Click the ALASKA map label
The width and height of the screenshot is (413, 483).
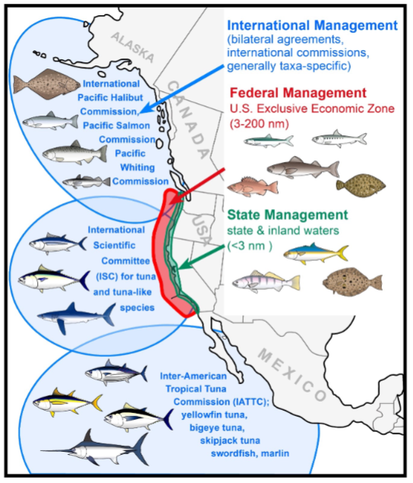coord(133,47)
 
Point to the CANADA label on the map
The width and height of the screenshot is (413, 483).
coord(189,119)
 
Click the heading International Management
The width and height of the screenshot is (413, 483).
coord(313,26)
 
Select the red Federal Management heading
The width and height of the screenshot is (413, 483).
coord(298,93)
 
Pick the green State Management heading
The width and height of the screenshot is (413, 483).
coord(288,214)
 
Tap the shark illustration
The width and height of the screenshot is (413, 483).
coord(76,318)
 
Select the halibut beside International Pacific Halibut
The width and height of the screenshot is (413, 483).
coord(47,84)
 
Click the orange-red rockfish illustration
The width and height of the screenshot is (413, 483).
coord(253,186)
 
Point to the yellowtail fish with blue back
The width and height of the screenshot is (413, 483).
coord(316,253)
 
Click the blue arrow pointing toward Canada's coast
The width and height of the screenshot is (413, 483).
coord(182,89)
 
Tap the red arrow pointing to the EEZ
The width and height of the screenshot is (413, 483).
coord(198,186)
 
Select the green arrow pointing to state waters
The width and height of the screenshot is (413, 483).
coord(202,257)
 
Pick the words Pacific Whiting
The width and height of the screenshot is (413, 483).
coord(134,160)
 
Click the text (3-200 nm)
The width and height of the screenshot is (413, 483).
coord(260,124)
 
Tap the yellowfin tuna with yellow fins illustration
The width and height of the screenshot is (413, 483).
coord(68,402)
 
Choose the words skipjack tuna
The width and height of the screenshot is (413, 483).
coord(230,440)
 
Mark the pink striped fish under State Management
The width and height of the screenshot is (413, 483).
coord(266,281)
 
